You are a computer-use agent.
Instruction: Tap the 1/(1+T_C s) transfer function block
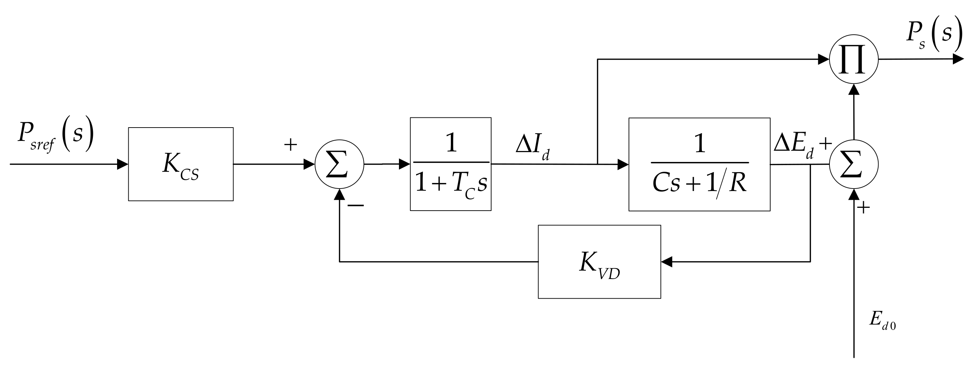point(450,164)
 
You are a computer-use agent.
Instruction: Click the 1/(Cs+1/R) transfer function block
point(699,164)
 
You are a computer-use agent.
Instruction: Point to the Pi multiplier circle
point(853,60)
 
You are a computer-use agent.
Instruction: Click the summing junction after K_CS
point(339,164)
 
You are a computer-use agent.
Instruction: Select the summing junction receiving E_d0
point(853,164)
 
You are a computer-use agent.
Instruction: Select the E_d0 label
point(882,320)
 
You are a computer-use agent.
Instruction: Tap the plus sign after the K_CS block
point(290,145)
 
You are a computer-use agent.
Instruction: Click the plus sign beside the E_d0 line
point(863,208)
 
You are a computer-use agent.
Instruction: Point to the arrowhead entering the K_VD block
point(666,261)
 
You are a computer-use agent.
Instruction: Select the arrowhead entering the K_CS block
point(123,164)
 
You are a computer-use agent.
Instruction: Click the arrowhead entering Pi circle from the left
point(823,60)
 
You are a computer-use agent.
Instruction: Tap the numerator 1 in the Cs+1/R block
point(699,144)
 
